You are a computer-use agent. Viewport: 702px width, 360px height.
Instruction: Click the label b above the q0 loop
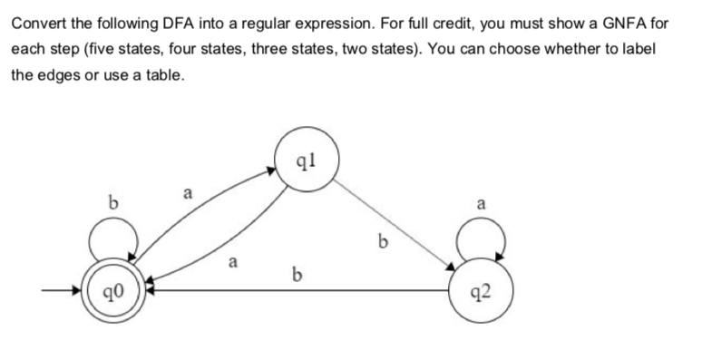114,199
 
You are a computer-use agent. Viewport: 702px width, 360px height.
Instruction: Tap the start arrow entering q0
63,292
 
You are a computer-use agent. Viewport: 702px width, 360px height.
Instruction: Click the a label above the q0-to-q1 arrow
188,193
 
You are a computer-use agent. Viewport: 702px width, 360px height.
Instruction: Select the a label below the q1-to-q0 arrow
233,265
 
